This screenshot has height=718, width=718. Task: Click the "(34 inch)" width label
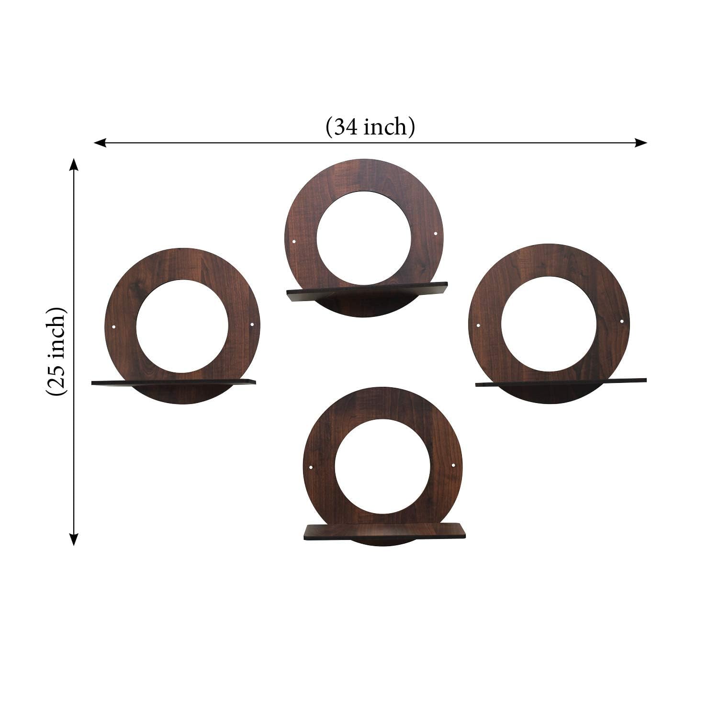pos(370,128)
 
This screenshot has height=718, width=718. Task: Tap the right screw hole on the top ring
pos(435,234)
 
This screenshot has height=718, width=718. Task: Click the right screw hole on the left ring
pos(252,326)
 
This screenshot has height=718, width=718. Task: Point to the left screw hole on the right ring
pos(478,325)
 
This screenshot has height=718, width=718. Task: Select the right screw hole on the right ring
pos(622,321)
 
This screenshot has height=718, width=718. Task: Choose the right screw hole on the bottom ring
pos(453,465)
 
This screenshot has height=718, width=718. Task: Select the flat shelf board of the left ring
pos(172,382)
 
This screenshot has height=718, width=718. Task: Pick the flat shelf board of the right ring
pos(560,382)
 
